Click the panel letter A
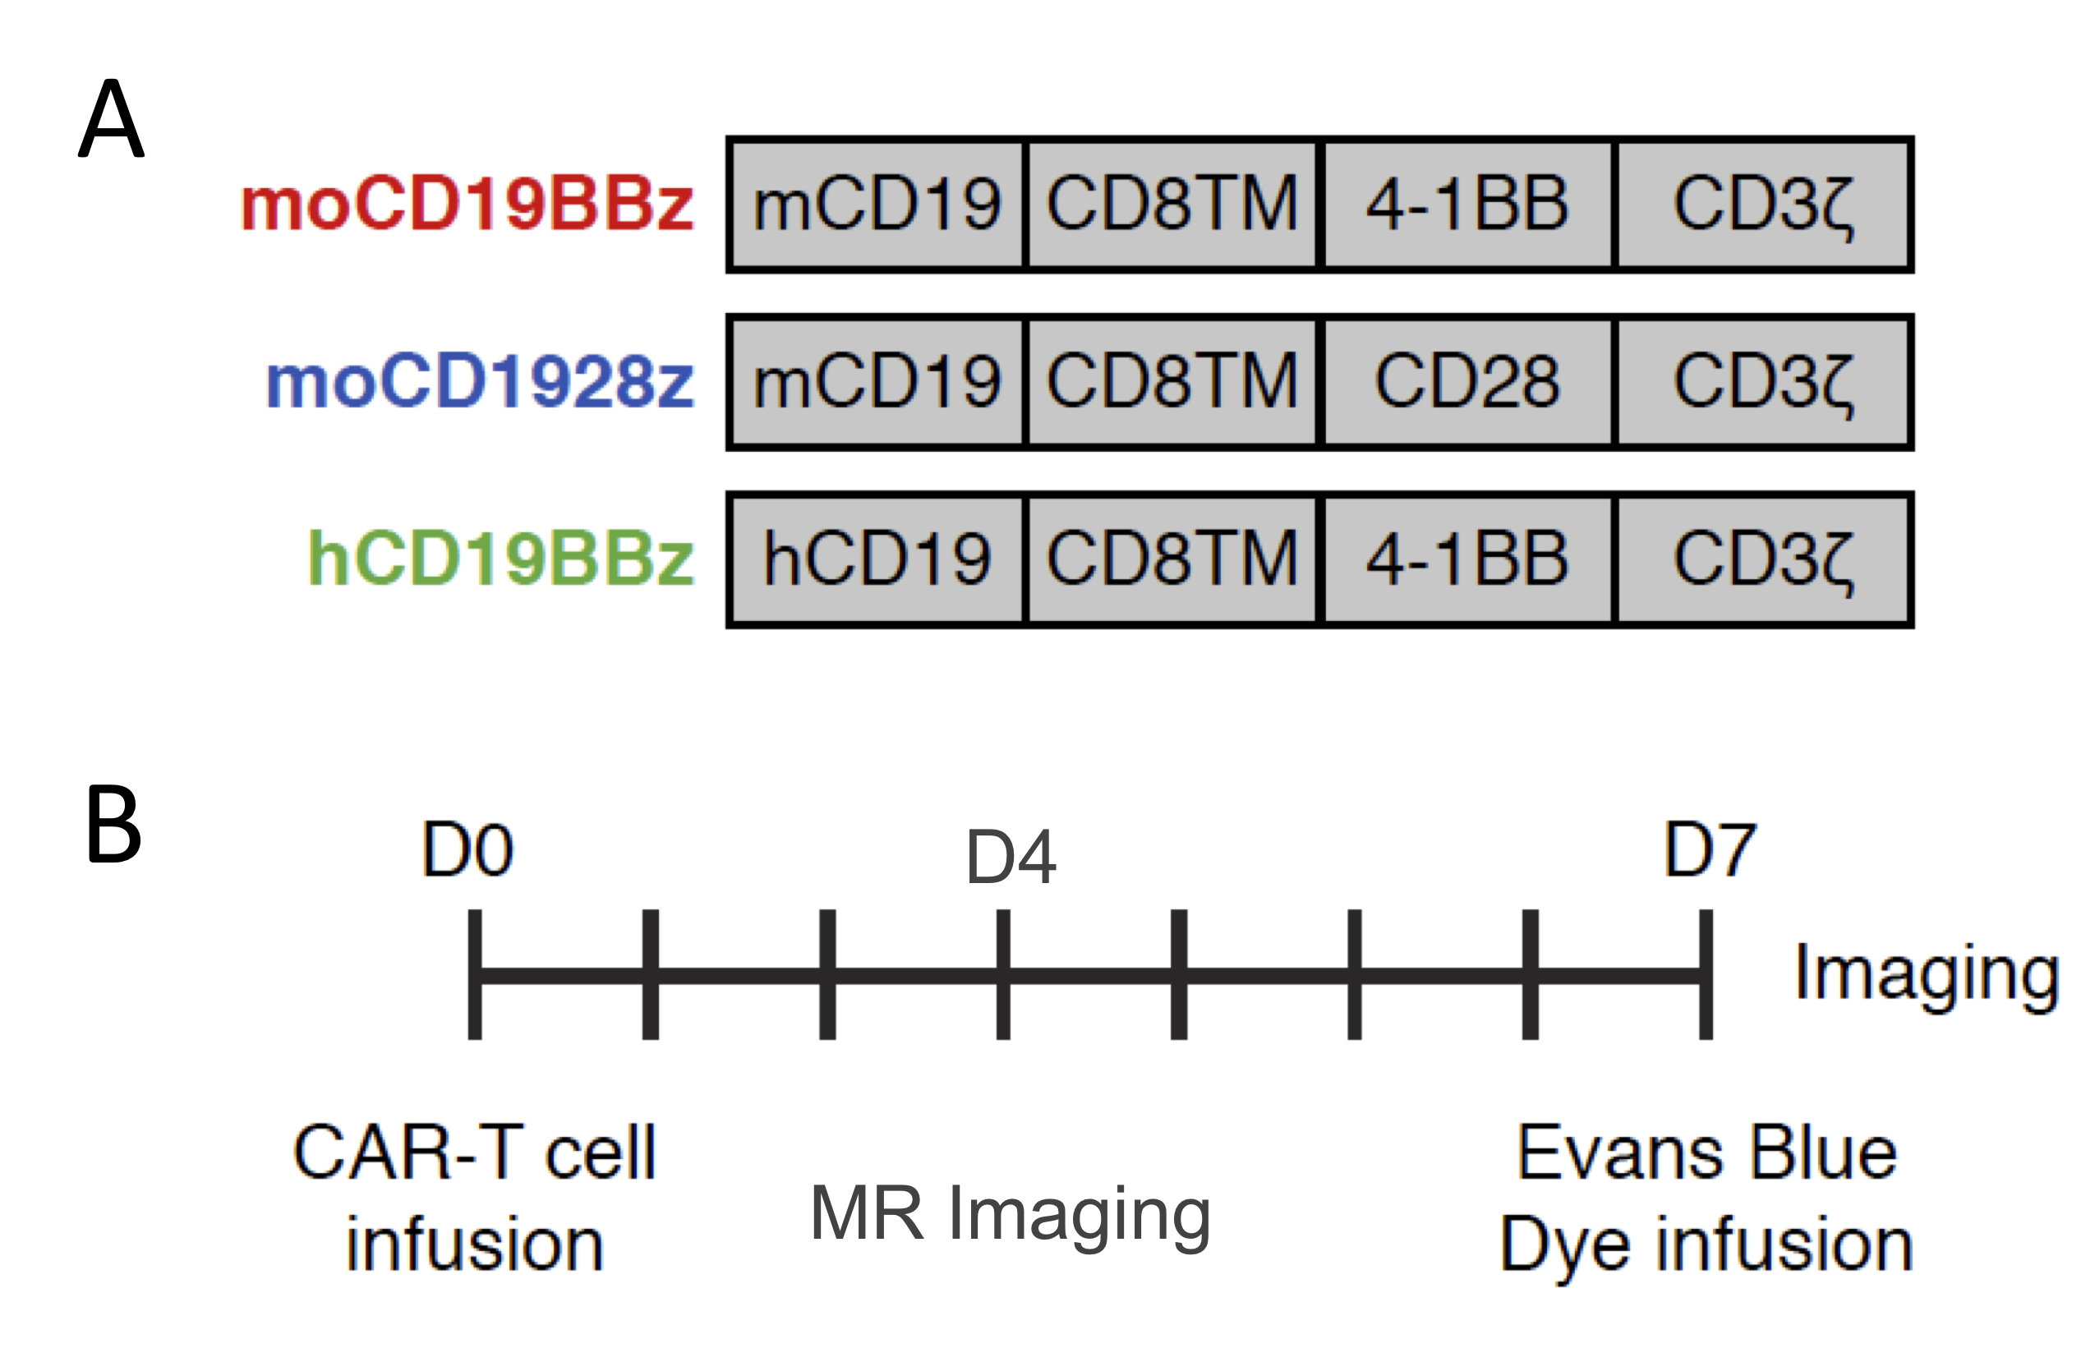click(111, 119)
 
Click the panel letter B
click(114, 825)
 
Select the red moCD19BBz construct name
click(467, 204)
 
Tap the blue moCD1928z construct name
click(480, 382)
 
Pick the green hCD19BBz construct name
click(501, 559)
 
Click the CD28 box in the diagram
click(1467, 382)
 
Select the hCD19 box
click(877, 559)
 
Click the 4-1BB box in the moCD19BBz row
click(1467, 204)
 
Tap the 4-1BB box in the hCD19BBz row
click(1467, 559)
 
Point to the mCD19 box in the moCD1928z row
click(877, 382)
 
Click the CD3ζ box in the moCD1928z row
click(1763, 382)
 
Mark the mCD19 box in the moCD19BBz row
click(877, 204)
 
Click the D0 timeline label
click(467, 849)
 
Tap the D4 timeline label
click(1011, 857)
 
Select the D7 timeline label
click(1710, 849)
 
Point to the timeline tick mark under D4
click(1003, 974)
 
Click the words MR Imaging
click(1011, 1213)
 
